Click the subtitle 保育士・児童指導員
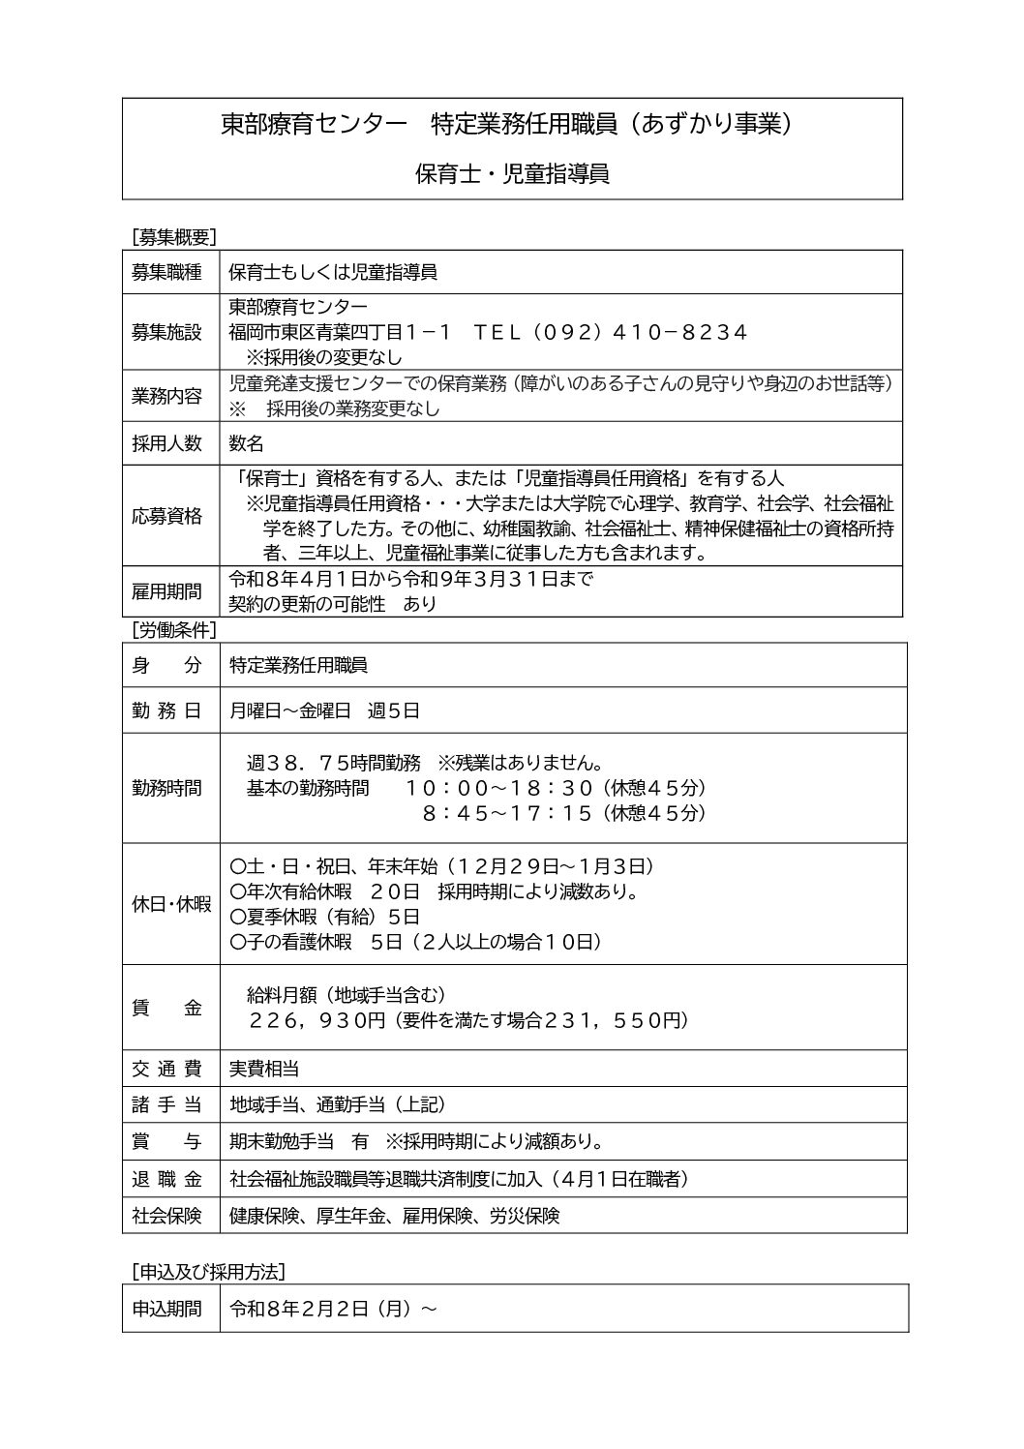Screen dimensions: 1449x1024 tap(512, 174)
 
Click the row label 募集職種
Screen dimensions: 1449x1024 tap(166, 272)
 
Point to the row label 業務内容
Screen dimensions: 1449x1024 tap(166, 395)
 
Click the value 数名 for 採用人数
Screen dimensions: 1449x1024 tap(246, 443)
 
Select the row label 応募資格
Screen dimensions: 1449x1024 tap(166, 516)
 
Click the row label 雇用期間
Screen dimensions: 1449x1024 tap(166, 591)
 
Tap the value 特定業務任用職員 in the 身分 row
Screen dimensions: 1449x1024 tap(298, 665)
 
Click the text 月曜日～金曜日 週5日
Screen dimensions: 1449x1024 tap(324, 710)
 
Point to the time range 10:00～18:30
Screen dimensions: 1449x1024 tap(497, 788)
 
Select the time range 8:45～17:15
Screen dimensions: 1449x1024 tap(506, 813)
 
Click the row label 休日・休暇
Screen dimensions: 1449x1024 tap(171, 904)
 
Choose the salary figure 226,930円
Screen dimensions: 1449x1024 tap(317, 1020)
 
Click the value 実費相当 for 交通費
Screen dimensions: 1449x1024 tap(263, 1069)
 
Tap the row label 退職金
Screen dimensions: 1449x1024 tap(166, 1179)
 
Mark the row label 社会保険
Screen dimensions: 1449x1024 tap(166, 1216)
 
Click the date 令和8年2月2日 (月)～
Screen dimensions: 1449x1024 tap(333, 1309)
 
